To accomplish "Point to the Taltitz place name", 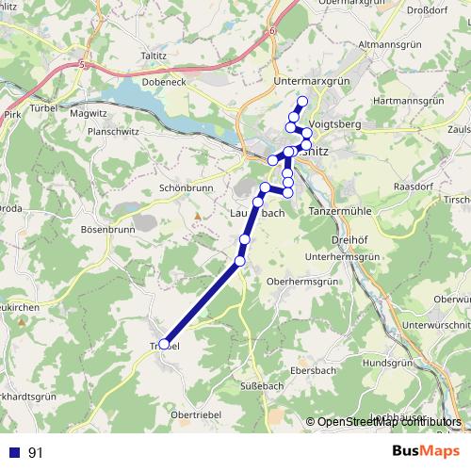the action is tap(154, 56).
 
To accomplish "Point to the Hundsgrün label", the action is tap(389, 362).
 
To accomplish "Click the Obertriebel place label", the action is tap(197, 414).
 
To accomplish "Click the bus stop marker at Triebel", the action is tap(165, 345).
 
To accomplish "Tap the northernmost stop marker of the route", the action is tap(302, 102).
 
